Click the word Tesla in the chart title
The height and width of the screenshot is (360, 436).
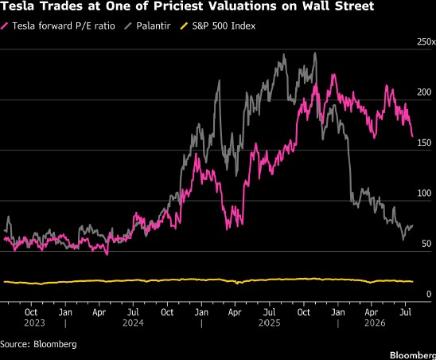point(17,6)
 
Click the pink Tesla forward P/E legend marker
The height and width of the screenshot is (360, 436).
point(5,26)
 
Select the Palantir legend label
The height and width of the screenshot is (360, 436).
point(154,26)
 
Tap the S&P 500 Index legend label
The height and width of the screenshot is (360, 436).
point(224,26)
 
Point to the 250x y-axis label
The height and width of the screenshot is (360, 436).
point(426,41)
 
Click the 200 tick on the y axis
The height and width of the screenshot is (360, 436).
point(424,92)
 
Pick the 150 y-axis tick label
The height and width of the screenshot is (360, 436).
point(424,143)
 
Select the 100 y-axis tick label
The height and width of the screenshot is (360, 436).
point(424,193)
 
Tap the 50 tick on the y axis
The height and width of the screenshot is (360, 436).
point(426,244)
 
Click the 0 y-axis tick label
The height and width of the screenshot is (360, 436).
point(429,294)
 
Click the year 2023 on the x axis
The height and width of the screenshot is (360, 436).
point(34,323)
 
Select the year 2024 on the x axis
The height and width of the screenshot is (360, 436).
point(133,323)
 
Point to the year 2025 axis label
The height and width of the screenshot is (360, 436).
point(270,323)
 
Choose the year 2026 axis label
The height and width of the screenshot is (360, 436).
point(375,323)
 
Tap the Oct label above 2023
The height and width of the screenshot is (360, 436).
point(31,312)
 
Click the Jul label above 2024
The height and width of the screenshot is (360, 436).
point(133,312)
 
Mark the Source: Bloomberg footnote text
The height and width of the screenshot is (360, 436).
point(38,344)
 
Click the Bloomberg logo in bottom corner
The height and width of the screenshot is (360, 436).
point(413,355)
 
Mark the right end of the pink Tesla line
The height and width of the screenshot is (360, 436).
point(412,136)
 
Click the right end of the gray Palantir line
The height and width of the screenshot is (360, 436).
point(413,225)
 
